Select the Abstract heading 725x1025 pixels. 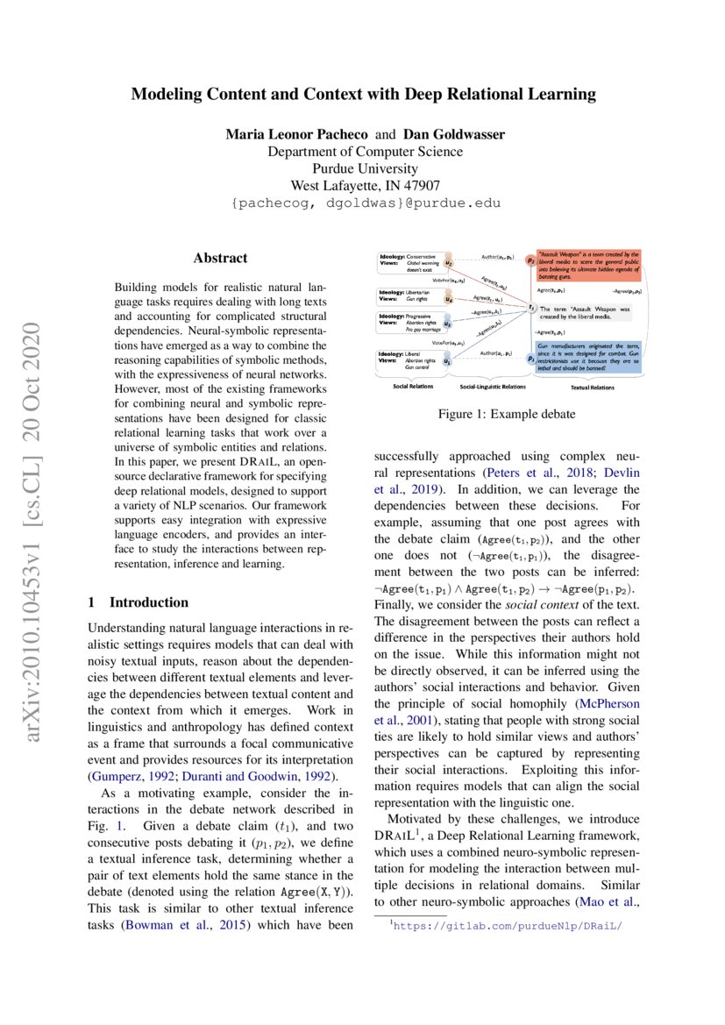(220, 258)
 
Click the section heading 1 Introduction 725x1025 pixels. (139, 602)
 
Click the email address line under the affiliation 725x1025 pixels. (366, 203)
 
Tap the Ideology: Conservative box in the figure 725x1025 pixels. (409, 261)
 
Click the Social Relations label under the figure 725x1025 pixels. (412, 386)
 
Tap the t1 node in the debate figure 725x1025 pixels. (531, 308)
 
